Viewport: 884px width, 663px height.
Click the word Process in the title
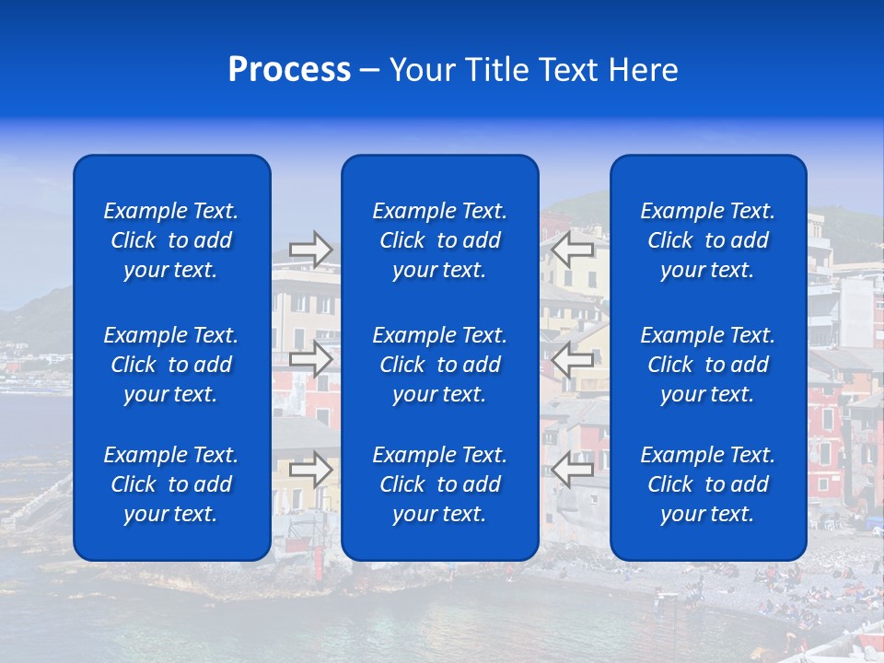point(289,71)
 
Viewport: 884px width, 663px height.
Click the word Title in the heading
point(495,71)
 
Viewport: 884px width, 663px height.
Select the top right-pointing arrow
point(311,250)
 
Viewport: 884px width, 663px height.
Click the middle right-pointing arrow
point(311,359)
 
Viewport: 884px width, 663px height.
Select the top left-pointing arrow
point(574,250)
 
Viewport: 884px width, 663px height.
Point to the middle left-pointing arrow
point(574,359)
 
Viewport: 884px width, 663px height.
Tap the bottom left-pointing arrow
point(574,469)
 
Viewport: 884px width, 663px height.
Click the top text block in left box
point(171,240)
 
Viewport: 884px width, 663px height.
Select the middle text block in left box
point(171,365)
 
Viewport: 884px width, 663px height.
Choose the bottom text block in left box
point(171,484)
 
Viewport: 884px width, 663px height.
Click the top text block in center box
point(440,240)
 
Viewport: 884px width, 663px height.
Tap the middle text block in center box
point(440,365)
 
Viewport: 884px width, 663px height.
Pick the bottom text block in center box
point(440,484)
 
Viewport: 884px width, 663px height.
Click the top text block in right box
point(708,240)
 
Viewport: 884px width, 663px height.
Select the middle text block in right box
point(708,365)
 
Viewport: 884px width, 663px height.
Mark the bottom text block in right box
point(708,484)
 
